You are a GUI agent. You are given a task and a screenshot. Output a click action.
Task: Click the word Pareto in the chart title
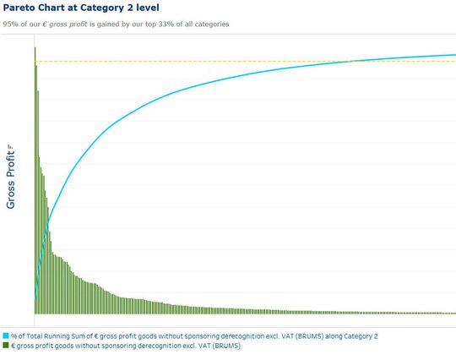pyautogui.click(x=21, y=8)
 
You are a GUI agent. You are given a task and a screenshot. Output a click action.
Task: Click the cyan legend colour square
pyautogui.click(x=6, y=335)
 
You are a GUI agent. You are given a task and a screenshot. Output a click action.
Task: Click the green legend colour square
pyautogui.click(x=6, y=346)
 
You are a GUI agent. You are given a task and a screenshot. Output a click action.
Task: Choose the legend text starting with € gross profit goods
pyautogui.click(x=127, y=346)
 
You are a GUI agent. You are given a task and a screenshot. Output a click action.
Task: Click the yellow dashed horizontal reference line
pyautogui.click(x=211, y=61)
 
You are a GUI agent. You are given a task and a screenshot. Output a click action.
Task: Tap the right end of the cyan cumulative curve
pyautogui.click(x=453, y=55)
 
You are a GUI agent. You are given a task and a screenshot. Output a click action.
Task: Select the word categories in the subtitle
pyautogui.click(x=210, y=23)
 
